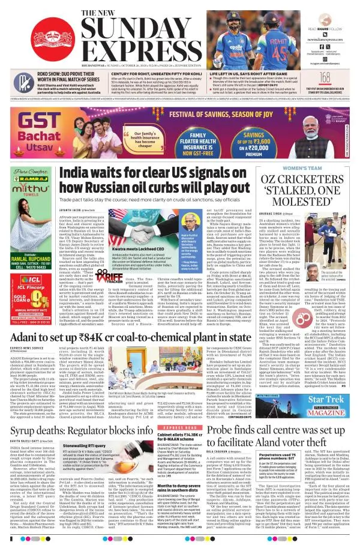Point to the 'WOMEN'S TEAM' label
(x=313, y=167)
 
